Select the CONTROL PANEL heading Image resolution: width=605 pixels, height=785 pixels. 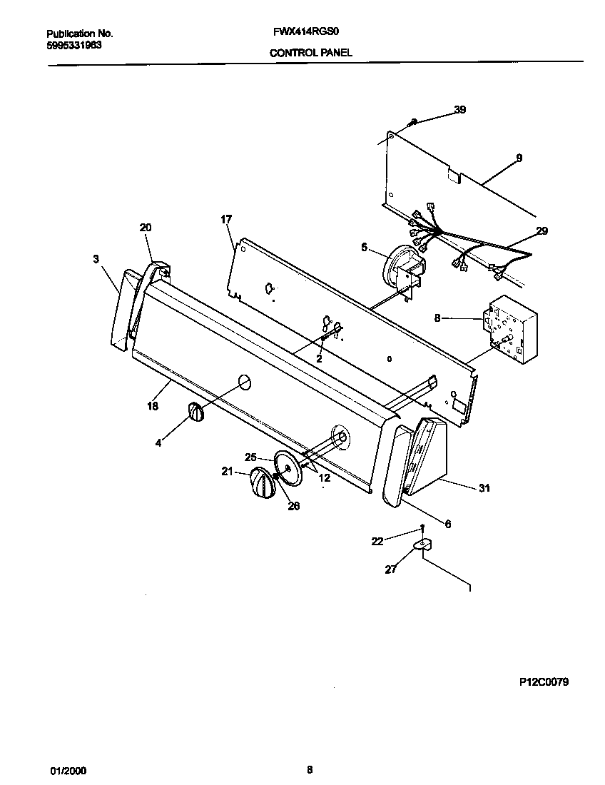click(x=310, y=53)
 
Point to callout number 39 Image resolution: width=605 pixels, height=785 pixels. click(x=459, y=110)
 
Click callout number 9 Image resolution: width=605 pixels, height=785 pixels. click(x=519, y=158)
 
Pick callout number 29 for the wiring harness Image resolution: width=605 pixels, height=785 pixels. click(x=542, y=231)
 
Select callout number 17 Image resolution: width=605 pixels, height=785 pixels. click(x=226, y=219)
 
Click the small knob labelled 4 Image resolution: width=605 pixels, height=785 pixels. click(x=196, y=412)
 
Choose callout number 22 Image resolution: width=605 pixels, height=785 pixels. click(x=377, y=542)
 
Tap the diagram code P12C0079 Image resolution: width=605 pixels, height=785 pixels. click(x=544, y=682)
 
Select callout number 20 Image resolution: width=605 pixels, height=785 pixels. click(x=145, y=228)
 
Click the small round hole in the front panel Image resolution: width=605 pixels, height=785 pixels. click(x=243, y=383)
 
